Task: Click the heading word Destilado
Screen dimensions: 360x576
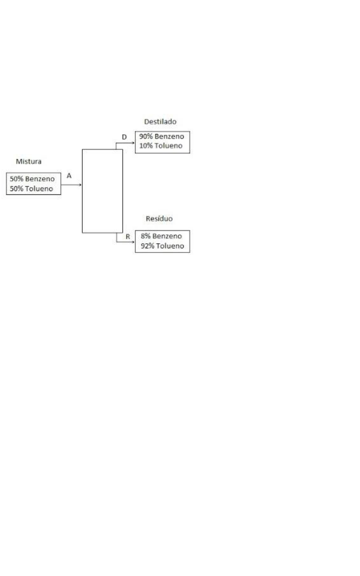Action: coord(160,122)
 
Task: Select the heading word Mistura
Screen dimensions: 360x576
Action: coord(29,161)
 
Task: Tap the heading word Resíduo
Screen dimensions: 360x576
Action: coord(159,219)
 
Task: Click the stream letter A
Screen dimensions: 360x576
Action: coord(69,176)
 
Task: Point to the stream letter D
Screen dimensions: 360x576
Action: coord(124,137)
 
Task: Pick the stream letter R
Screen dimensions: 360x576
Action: coord(128,236)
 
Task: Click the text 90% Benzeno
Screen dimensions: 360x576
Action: coord(162,137)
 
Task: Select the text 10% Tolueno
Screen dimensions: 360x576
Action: coord(162,146)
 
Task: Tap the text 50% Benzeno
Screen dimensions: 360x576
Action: coord(32,179)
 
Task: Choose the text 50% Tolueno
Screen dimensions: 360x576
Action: coord(32,189)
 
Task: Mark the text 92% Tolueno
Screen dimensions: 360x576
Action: coord(162,246)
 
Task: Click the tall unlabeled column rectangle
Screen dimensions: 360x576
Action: coord(102,191)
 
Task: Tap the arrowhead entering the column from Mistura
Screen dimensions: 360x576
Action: coord(80,184)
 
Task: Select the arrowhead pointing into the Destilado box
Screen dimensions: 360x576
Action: coord(133,142)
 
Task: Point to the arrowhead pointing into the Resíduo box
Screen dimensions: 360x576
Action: coord(133,242)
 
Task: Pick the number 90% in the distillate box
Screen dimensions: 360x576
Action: coord(145,137)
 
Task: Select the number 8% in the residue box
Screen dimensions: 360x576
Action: coord(145,236)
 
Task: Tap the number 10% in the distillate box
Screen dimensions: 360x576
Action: coord(145,146)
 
